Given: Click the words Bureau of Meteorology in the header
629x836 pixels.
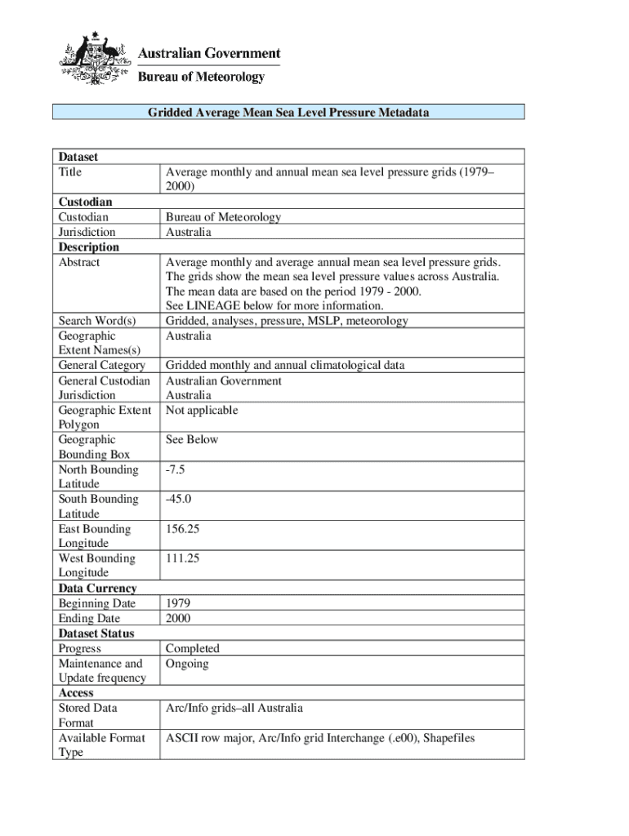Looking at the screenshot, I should (201, 77).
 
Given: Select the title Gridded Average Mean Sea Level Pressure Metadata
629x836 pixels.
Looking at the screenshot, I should (288, 112).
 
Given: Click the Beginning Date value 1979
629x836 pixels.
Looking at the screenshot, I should (178, 603).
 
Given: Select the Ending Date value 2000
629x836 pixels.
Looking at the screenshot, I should (178, 619).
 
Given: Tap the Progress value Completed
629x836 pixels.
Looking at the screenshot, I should (192, 649).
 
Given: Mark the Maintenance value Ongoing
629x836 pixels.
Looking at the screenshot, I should (187, 664).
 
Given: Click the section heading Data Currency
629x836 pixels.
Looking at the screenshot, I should (97, 589).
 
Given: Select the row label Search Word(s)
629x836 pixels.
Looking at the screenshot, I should (97, 321).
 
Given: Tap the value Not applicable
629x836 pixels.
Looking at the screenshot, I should (202, 411).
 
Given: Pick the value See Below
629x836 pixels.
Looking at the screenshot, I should (192, 440).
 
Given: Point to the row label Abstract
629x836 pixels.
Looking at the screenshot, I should (79, 262).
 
